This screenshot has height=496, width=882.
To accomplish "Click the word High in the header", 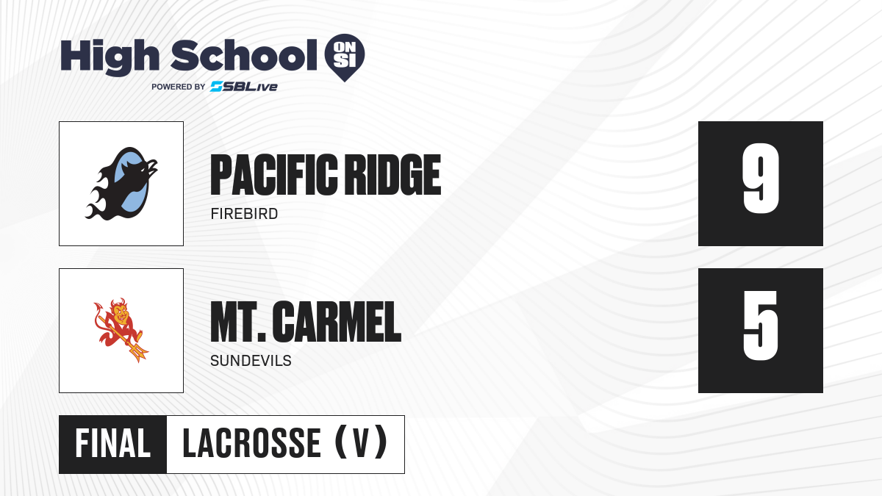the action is (110, 57).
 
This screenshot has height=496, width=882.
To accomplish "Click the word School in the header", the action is (244, 55).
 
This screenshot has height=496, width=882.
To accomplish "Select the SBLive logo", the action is (244, 87).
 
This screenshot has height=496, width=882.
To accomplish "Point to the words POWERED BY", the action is (178, 87).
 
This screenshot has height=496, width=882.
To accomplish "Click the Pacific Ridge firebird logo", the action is (121, 184).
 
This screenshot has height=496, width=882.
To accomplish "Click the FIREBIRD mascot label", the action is (244, 214).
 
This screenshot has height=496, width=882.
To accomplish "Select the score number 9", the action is (761, 179).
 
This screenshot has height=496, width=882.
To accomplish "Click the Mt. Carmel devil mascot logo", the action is (121, 330).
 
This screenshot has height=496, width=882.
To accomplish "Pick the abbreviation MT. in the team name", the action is (238, 322).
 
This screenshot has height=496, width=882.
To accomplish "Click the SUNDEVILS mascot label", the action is (251, 361).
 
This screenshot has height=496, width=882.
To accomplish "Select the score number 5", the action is (760, 326).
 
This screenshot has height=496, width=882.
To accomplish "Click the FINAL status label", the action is (113, 444).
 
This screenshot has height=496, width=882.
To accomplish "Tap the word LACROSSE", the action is (251, 444).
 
